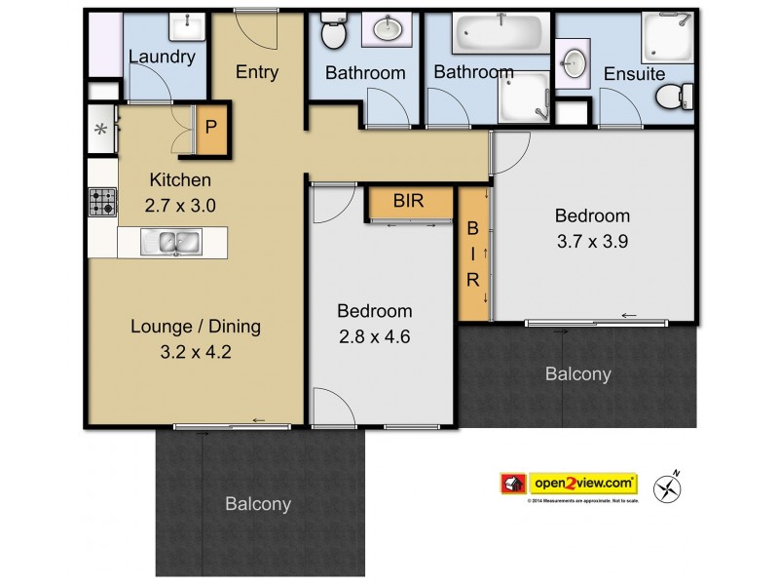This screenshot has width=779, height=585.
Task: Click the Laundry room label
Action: pyautogui.click(x=163, y=57)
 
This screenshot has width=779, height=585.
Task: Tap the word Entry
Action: pyautogui.click(x=257, y=72)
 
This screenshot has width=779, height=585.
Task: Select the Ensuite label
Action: pyautogui.click(x=634, y=73)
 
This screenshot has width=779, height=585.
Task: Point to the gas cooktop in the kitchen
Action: pyautogui.click(x=102, y=202)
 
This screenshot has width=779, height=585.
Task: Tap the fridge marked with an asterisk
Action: pyautogui.click(x=100, y=130)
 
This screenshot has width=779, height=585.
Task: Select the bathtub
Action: pyautogui.click(x=499, y=35)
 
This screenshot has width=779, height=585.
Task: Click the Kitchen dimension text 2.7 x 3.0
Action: pyautogui.click(x=180, y=206)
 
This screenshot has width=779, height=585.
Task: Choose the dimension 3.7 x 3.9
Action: pyautogui.click(x=592, y=242)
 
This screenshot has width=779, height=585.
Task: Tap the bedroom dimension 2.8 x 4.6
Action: pyautogui.click(x=374, y=337)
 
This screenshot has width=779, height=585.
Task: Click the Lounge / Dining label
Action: pyautogui.click(x=196, y=327)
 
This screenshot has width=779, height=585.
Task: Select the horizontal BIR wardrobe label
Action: pyautogui.click(x=408, y=202)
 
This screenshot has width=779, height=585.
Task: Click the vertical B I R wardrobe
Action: pyautogui.click(x=474, y=253)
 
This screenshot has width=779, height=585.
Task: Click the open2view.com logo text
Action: pyautogui.click(x=582, y=483)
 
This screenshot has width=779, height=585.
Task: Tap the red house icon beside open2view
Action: pyautogui.click(x=513, y=483)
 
